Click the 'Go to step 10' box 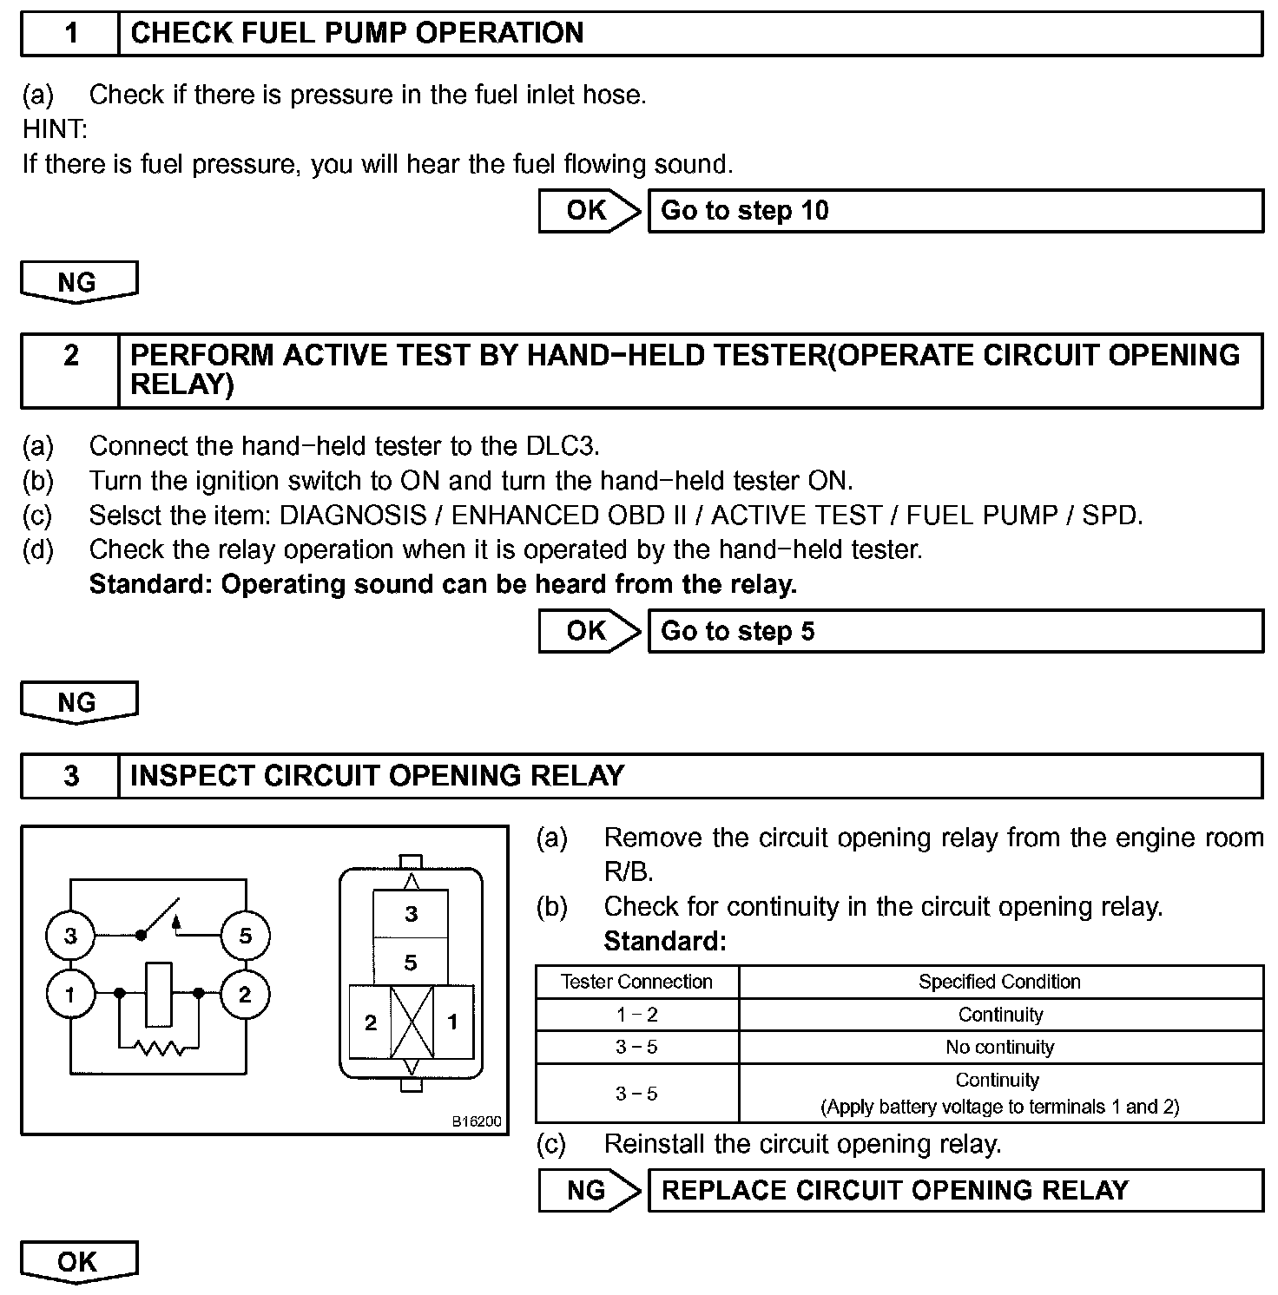955,211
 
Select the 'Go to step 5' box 955,631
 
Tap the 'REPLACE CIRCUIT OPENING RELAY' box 955,1190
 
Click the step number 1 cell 70,34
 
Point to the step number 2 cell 70,370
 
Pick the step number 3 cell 70,775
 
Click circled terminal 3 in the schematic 70,936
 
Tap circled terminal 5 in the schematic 245,936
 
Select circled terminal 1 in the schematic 70,994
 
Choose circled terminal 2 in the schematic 245,994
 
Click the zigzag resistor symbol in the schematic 160,1048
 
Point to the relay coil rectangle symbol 159,993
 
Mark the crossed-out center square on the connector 412,1022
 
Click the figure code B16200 476,1121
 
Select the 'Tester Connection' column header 636,982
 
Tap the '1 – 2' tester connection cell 636,1015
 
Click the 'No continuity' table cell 1000,1048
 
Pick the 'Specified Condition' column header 1000,982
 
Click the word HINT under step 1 54,130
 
